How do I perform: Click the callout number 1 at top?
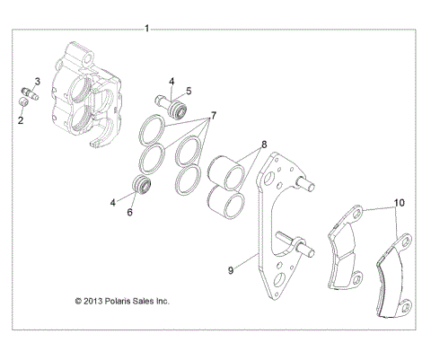[147, 29]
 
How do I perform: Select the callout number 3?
[37, 81]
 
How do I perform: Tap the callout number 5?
[189, 91]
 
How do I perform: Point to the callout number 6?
[129, 213]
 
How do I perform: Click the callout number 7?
[213, 117]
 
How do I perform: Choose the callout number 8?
[264, 144]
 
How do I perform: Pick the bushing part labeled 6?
[140, 188]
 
